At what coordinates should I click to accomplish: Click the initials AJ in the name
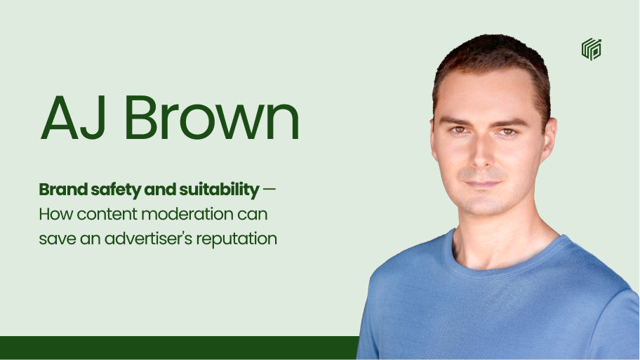[74, 118]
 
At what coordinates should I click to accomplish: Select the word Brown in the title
[212, 118]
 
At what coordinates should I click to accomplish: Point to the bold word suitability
[219, 190]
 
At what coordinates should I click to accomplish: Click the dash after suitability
[269, 189]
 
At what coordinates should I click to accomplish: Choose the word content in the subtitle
[107, 214]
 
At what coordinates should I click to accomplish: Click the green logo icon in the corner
[592, 49]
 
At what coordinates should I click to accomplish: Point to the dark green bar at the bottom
[180, 348]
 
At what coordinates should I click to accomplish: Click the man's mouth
[482, 184]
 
